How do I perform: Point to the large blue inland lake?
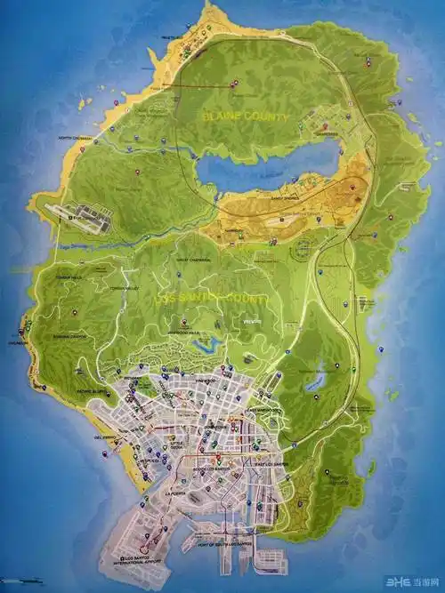(x=267, y=164)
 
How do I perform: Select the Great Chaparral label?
(x=193, y=260)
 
